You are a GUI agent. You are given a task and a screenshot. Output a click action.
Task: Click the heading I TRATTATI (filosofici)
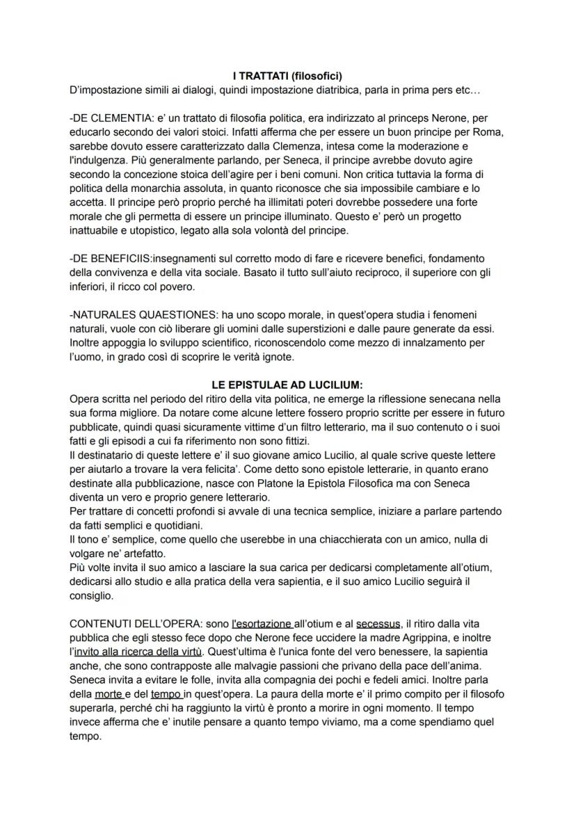point(288,76)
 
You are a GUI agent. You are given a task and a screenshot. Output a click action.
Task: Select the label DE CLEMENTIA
point(112,117)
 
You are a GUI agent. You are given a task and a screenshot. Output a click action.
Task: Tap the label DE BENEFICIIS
point(115,257)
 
